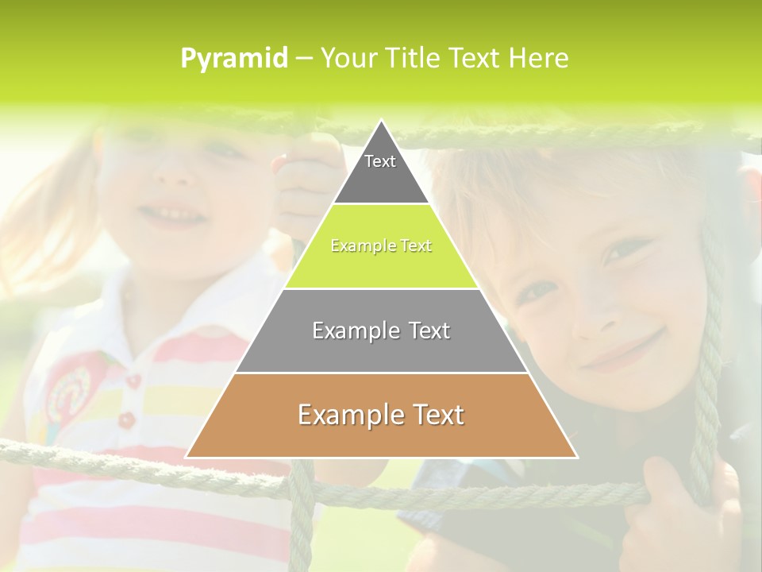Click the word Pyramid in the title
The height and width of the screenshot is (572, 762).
(233, 59)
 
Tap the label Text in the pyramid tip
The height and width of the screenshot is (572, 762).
(380, 161)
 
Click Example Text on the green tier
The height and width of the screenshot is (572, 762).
(381, 246)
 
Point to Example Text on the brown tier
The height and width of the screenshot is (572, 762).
(381, 415)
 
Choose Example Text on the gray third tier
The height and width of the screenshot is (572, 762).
(381, 330)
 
